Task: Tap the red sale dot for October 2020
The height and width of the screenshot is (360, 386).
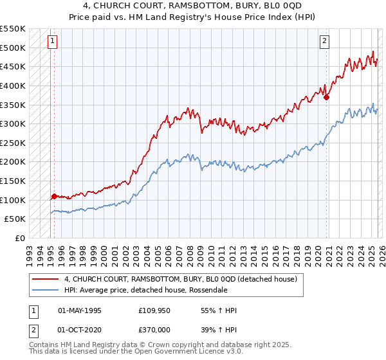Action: [x=327, y=98]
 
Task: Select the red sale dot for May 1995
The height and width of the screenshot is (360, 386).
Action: [x=54, y=196]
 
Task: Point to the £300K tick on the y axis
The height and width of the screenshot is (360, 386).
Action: [x=14, y=123]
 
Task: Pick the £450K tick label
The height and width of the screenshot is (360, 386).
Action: [x=14, y=66]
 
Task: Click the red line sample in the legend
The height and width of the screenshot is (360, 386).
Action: [x=46, y=280]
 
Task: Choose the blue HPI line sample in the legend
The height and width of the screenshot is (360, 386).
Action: [x=46, y=289]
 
